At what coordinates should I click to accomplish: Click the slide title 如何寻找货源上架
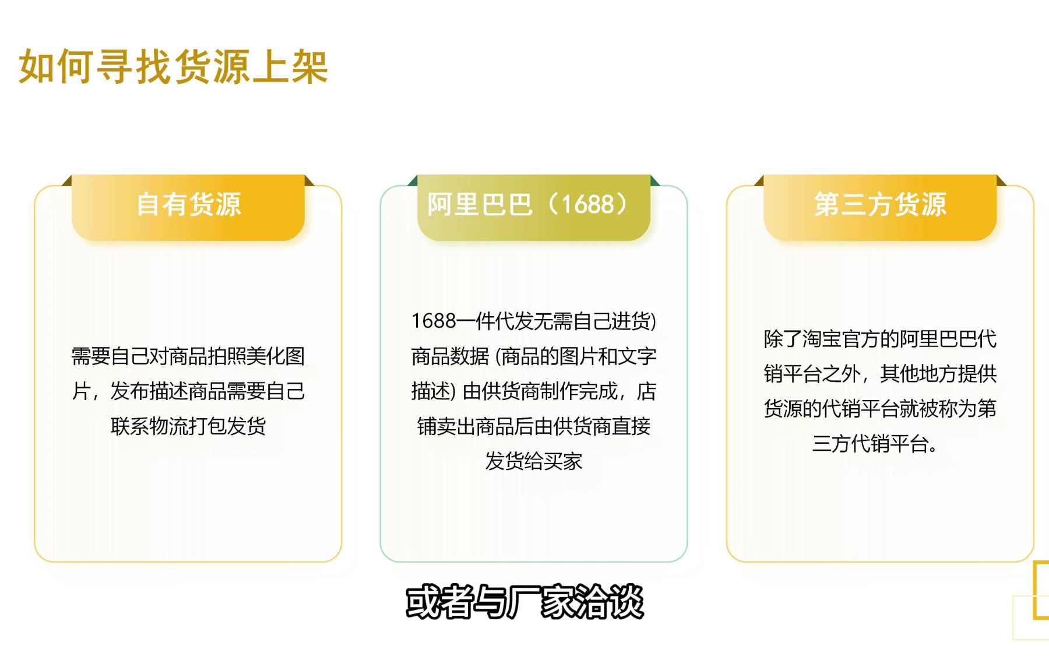[174, 66]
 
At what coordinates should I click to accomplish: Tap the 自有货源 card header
[188, 206]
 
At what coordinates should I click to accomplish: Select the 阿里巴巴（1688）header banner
[534, 206]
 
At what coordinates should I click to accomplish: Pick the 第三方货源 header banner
[880, 206]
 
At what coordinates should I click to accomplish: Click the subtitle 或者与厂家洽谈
[524, 602]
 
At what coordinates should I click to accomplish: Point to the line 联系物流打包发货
[188, 426]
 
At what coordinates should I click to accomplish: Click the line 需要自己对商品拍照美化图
[188, 356]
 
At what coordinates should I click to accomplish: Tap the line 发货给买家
[534, 461]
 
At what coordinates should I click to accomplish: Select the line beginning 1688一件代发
[534, 321]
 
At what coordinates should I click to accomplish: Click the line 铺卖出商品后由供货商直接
[534, 426]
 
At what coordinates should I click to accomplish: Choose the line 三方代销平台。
[875, 444]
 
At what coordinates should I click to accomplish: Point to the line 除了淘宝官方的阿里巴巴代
[880, 339]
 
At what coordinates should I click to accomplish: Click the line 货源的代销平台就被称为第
[880, 409]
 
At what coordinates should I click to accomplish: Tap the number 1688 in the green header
[587, 205]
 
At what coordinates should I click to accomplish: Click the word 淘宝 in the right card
[821, 339]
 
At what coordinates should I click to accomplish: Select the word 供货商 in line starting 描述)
[511, 391]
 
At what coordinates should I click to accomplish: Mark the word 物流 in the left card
[169, 426]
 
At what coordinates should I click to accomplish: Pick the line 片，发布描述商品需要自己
[188, 391]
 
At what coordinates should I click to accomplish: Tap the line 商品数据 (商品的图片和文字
[534, 356]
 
